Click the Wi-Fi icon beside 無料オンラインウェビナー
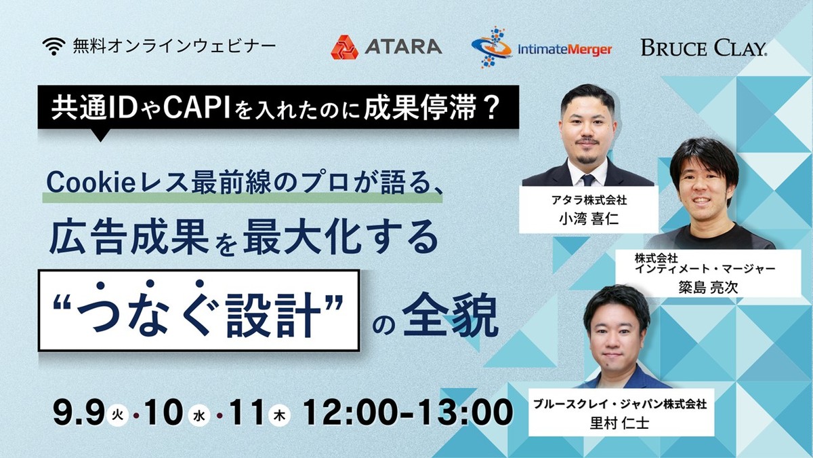pyautogui.click(x=54, y=46)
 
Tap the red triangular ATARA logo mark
pyautogui.click(x=344, y=47)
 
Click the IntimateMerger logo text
pyautogui.click(x=565, y=50)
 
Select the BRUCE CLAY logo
pyautogui.click(x=704, y=48)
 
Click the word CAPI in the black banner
pyautogui.click(x=196, y=109)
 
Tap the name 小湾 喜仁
pyautogui.click(x=589, y=219)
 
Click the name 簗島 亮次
pyautogui.click(x=708, y=287)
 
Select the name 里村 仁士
pyautogui.click(x=619, y=423)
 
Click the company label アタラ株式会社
pyautogui.click(x=589, y=200)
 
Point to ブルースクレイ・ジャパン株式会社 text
pyautogui.click(x=619, y=404)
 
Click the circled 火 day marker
pyautogui.click(x=118, y=416)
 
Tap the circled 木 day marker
pyautogui.click(x=279, y=416)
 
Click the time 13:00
pyautogui.click(x=474, y=413)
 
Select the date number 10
pyautogui.click(x=163, y=413)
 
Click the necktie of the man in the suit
pyautogui.click(x=588, y=180)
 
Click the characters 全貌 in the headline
pyautogui.click(x=450, y=315)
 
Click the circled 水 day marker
pyautogui.click(x=199, y=416)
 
